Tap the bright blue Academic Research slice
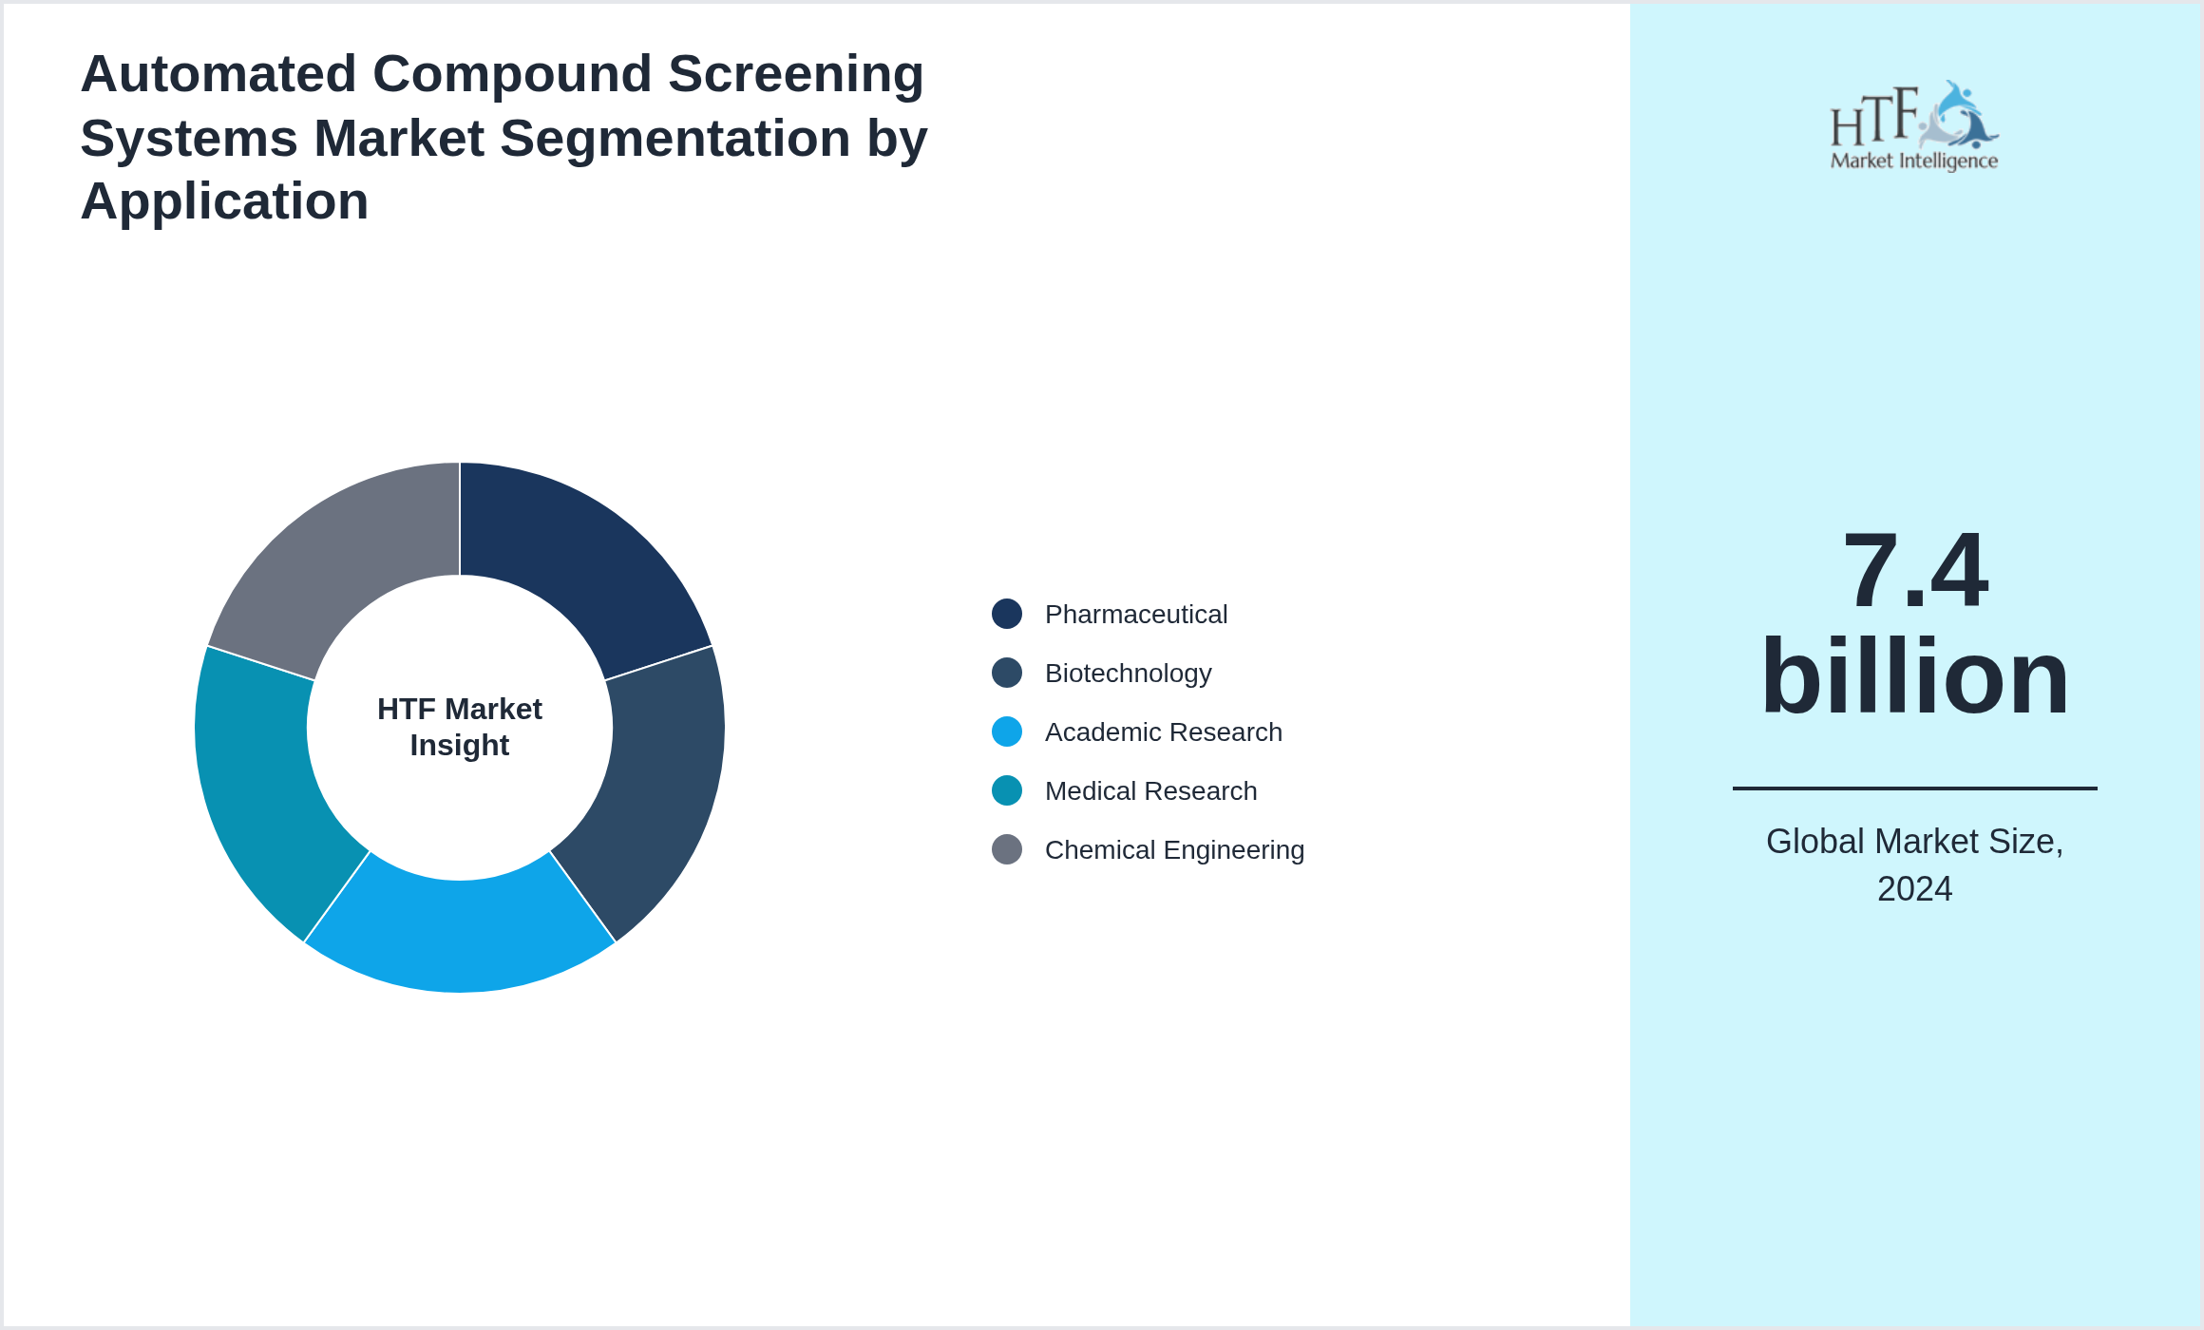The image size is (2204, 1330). click(x=460, y=935)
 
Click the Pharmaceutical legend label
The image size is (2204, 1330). click(x=1135, y=615)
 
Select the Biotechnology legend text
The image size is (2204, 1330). click(x=1128, y=674)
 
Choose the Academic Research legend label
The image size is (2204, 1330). click(x=1163, y=732)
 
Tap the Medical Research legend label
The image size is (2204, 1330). click(x=1150, y=791)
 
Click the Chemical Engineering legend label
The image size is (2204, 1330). click(x=1174, y=850)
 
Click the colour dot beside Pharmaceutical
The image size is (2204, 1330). click(x=1007, y=614)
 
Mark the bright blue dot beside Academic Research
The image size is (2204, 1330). click(x=1007, y=731)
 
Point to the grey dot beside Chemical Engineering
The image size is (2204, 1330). click(x=1007, y=849)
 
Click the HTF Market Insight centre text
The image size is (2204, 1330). click(x=460, y=727)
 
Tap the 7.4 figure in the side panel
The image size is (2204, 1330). click(x=1914, y=570)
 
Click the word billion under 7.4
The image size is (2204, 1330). click(x=1914, y=676)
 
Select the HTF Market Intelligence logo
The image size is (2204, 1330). click(x=1914, y=126)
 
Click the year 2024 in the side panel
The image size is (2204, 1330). click(x=1914, y=889)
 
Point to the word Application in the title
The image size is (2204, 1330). click(x=224, y=201)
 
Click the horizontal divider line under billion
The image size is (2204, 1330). click(x=1914, y=788)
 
